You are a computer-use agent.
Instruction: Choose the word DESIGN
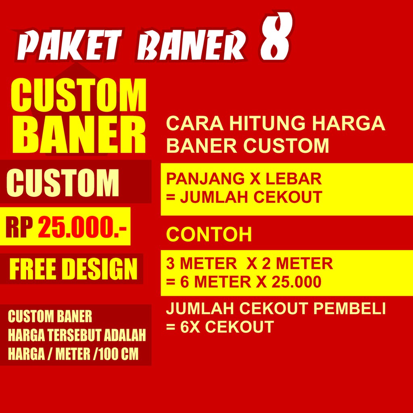tap(101, 268)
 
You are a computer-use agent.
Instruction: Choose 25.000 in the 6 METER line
tap(296, 282)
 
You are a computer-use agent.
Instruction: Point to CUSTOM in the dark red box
tap(63, 183)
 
